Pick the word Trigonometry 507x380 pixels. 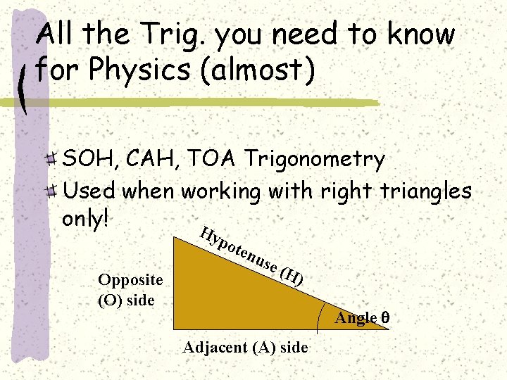pos(314,160)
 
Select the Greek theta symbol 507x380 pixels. pos(384,318)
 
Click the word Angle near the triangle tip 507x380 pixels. pos(356,318)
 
